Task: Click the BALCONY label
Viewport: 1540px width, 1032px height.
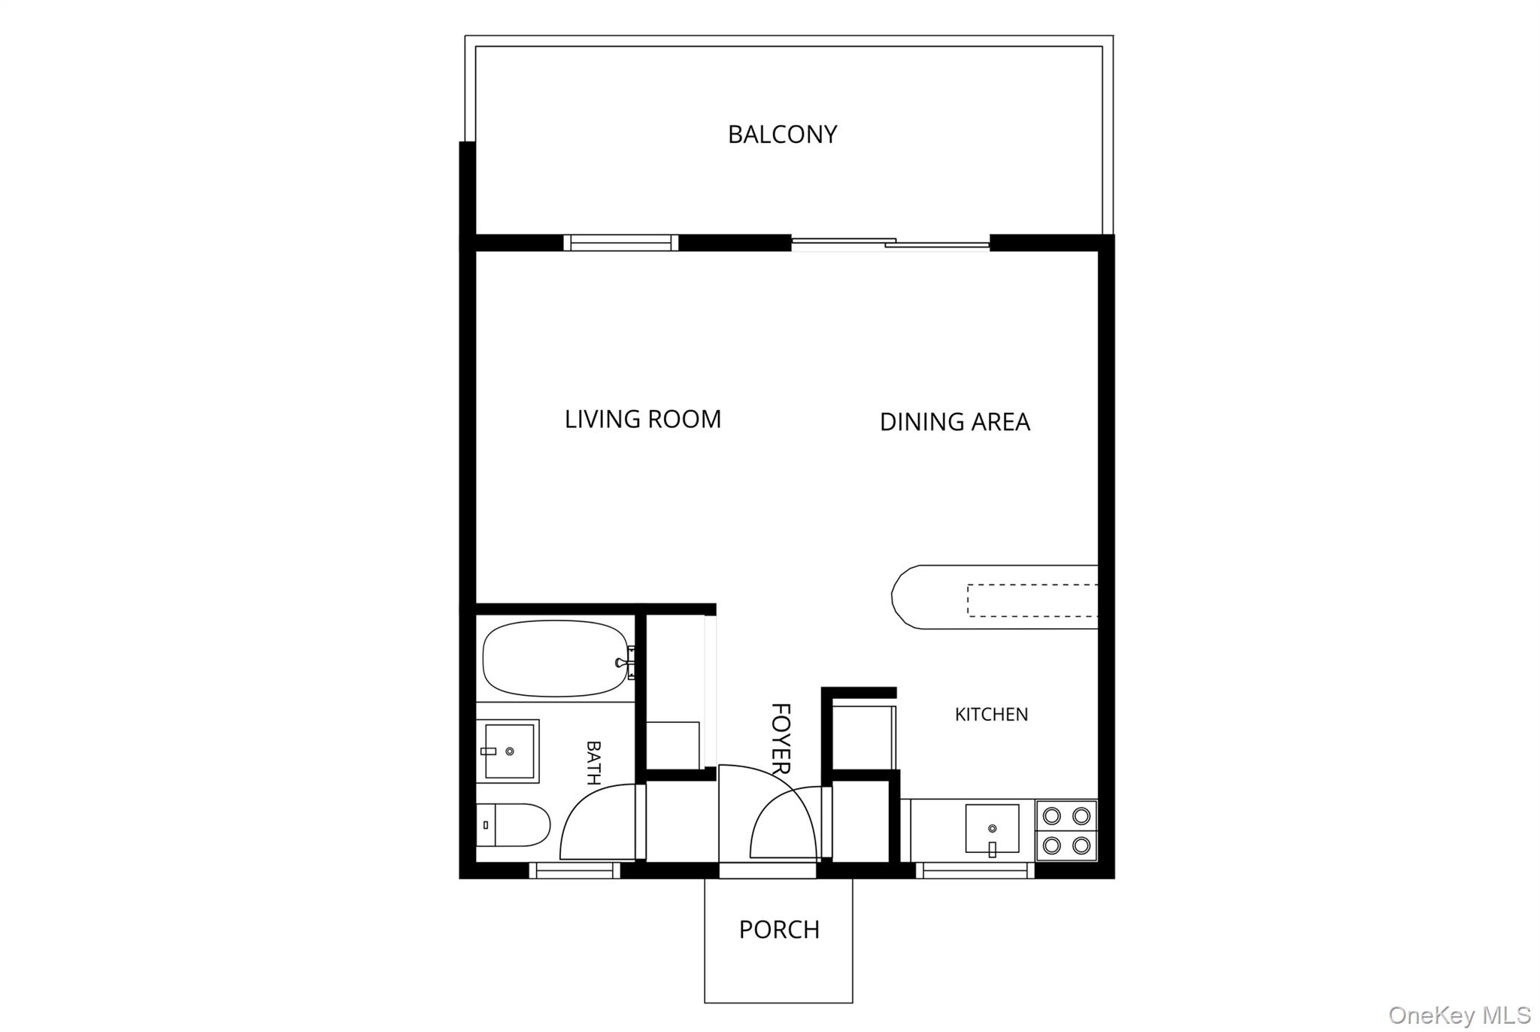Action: (x=782, y=135)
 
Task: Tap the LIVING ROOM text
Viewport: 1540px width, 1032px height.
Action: (x=643, y=419)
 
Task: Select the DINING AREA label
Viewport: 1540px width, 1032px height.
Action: (x=955, y=422)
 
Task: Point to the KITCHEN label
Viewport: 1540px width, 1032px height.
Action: (x=991, y=715)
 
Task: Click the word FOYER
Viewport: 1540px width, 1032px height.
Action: (x=781, y=739)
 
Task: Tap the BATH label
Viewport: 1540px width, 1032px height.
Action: (x=593, y=763)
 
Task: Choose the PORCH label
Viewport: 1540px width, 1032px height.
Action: (x=779, y=930)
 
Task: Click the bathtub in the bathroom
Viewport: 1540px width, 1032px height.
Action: (x=556, y=659)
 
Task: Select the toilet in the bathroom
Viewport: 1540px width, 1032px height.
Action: (x=514, y=824)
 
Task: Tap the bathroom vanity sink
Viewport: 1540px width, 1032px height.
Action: (x=508, y=751)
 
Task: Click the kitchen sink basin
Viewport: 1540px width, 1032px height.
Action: (x=993, y=828)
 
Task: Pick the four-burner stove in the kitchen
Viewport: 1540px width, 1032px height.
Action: (x=1066, y=830)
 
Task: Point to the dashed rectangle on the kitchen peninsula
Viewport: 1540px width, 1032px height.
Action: (x=1032, y=600)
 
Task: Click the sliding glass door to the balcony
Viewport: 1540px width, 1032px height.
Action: (x=890, y=243)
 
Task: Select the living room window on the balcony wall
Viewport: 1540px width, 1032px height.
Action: (x=621, y=242)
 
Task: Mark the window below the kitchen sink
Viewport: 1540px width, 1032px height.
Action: (x=975, y=871)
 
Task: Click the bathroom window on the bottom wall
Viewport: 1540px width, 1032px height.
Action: (x=574, y=871)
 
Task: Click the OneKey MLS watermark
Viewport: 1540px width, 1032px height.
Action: (x=1460, y=1015)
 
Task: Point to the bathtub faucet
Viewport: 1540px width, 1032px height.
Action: (x=626, y=663)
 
